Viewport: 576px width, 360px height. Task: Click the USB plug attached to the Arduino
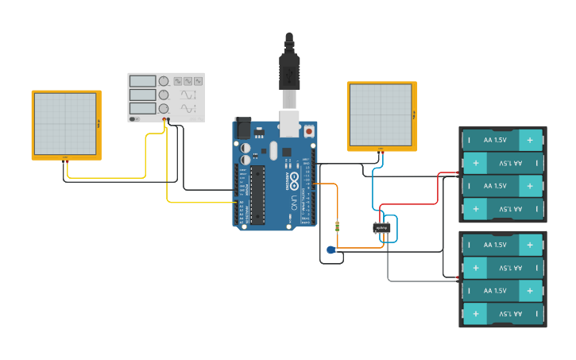pyautogui.click(x=288, y=75)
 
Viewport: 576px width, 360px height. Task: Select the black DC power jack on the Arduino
pyautogui.click(x=242, y=128)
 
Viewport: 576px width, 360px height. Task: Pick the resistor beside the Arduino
pyautogui.click(x=339, y=226)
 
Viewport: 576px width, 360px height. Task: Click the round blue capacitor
pyautogui.click(x=331, y=250)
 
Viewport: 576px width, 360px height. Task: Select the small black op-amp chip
pyautogui.click(x=382, y=228)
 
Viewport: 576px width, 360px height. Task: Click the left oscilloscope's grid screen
pyautogui.click(x=65, y=123)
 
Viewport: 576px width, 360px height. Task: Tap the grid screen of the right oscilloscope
pyautogui.click(x=381, y=114)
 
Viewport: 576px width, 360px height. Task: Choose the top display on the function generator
pyautogui.click(x=142, y=81)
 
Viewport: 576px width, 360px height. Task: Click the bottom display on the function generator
pyautogui.click(x=142, y=108)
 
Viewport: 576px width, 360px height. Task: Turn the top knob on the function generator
pyautogui.click(x=164, y=81)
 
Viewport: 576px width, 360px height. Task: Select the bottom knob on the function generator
pyautogui.click(x=164, y=108)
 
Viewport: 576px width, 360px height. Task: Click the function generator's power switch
pyautogui.click(x=135, y=119)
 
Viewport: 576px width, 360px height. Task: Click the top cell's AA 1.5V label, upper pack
pyautogui.click(x=494, y=140)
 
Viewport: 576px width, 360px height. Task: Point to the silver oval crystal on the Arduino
pyautogui.click(x=274, y=150)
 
